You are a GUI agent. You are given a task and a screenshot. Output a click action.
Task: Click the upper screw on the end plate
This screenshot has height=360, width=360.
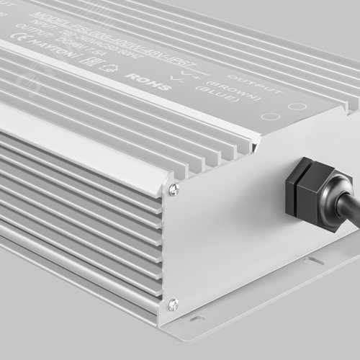(174, 190)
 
